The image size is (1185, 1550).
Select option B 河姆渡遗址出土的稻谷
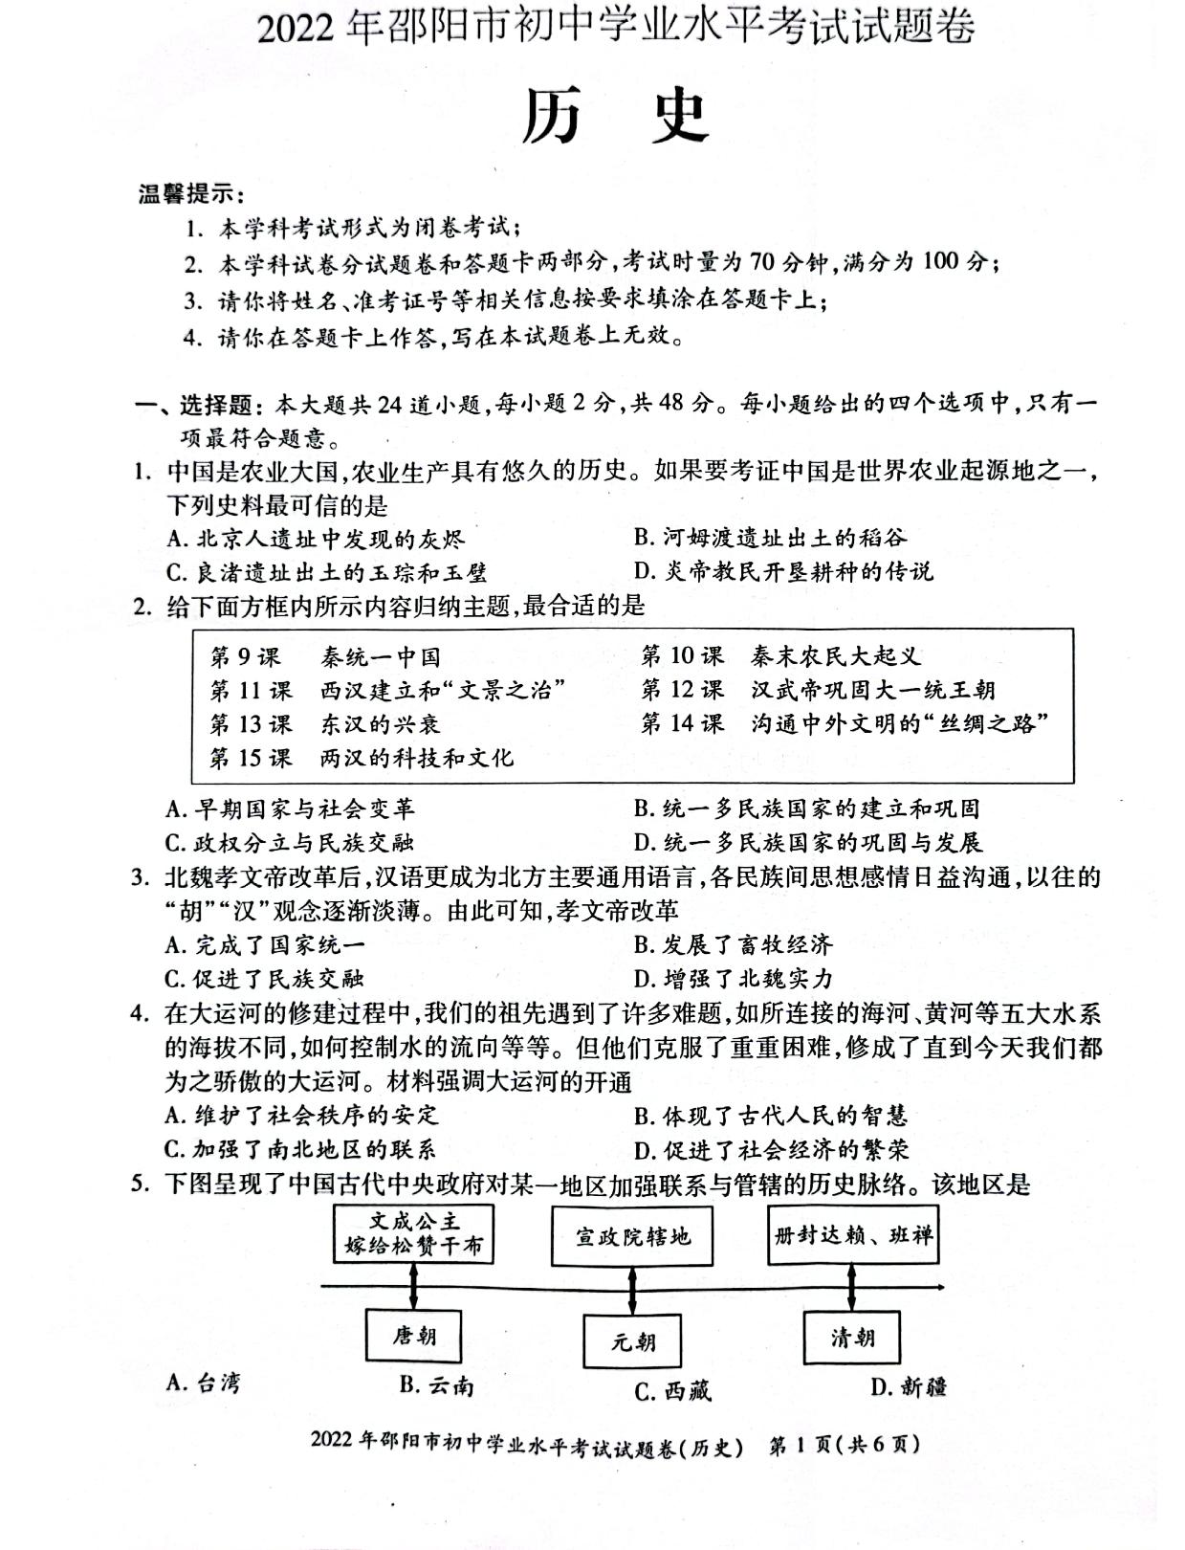pyautogui.click(x=770, y=538)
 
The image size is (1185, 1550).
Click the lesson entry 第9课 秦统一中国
pyautogui.click(x=325, y=657)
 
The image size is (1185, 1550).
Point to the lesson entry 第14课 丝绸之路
pyautogui.click(x=845, y=723)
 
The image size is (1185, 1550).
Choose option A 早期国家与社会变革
pyautogui.click(x=291, y=809)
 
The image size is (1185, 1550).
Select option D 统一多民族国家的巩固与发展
pyautogui.click(x=808, y=843)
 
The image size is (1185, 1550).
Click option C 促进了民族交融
pyautogui.click(x=265, y=979)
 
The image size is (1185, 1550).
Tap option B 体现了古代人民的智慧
pyautogui.click(x=770, y=1116)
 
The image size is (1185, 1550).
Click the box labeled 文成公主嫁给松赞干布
pyautogui.click(x=413, y=1235)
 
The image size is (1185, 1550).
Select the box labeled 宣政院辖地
pyautogui.click(x=632, y=1236)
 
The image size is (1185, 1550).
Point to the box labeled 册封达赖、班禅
pyautogui.click(x=852, y=1234)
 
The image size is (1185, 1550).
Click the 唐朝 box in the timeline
pyautogui.click(x=413, y=1335)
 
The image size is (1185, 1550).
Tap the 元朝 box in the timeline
pyautogui.click(x=632, y=1340)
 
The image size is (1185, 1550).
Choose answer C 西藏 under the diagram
pyautogui.click(x=673, y=1390)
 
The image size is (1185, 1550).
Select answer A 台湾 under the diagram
pyautogui.click(x=203, y=1383)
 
